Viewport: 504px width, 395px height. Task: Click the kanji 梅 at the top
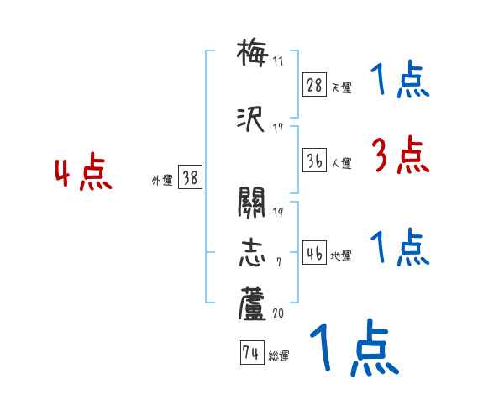click(x=252, y=53)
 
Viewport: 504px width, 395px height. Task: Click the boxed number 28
click(x=315, y=85)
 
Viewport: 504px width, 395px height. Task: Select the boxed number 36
click(x=315, y=161)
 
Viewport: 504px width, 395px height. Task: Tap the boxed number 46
click(x=315, y=253)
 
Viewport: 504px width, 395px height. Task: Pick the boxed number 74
click(x=251, y=354)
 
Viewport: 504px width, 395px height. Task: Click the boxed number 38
click(x=190, y=178)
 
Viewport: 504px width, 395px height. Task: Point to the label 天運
click(x=341, y=87)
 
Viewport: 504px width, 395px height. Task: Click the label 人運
click(x=341, y=164)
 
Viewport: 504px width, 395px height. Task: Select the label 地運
click(x=341, y=255)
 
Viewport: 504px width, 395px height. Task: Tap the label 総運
click(x=278, y=356)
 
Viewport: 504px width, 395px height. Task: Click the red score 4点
click(x=83, y=174)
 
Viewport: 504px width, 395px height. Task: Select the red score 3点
click(x=398, y=155)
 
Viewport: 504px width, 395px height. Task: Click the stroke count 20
click(x=278, y=313)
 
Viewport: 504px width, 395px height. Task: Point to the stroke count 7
click(x=278, y=262)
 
